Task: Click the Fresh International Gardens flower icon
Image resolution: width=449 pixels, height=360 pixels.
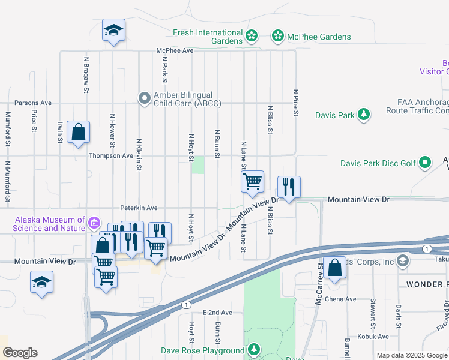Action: pyautogui.click(x=252, y=37)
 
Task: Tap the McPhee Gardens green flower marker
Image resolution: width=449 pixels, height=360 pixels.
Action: pyautogui.click(x=278, y=37)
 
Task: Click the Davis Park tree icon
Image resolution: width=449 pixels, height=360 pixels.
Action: pyautogui.click(x=363, y=115)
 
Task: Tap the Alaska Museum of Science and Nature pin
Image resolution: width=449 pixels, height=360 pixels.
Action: pyautogui.click(x=94, y=224)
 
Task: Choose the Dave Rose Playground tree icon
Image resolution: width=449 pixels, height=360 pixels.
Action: pyautogui.click(x=254, y=350)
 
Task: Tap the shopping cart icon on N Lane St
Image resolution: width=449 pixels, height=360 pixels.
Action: pyautogui.click(x=253, y=181)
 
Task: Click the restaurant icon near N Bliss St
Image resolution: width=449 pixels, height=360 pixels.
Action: pyautogui.click(x=289, y=187)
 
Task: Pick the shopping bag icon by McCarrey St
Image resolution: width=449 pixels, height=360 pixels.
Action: pyautogui.click(x=334, y=268)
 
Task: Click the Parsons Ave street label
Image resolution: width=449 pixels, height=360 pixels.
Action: pyautogui.click(x=33, y=103)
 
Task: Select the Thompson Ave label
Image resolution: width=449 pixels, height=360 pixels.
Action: pyautogui.click(x=110, y=155)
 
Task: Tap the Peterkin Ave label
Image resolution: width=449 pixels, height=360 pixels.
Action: pyautogui.click(x=139, y=208)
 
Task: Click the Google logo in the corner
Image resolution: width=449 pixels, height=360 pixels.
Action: pyautogui.click(x=20, y=353)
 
